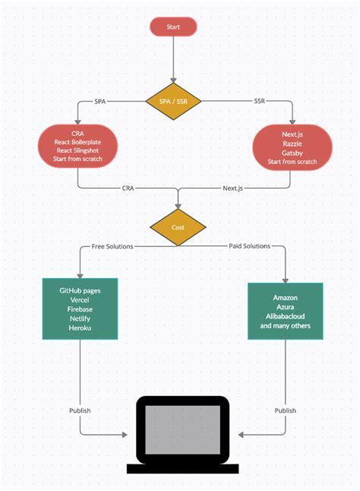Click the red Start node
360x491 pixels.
click(173, 27)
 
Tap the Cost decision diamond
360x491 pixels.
click(178, 227)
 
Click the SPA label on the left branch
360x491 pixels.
click(100, 102)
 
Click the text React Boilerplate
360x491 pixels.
click(78, 142)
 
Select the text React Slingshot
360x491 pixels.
click(78, 151)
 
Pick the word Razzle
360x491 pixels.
click(292, 142)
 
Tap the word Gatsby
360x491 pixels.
click(292, 152)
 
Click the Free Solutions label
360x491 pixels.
click(113, 246)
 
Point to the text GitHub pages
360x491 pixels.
click(80, 291)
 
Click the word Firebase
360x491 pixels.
click(80, 309)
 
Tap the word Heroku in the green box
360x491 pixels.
click(80, 328)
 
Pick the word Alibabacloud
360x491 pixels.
click(286, 316)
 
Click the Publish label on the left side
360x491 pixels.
click(80, 410)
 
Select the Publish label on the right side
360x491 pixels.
click(286, 410)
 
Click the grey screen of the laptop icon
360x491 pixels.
click(182, 430)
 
